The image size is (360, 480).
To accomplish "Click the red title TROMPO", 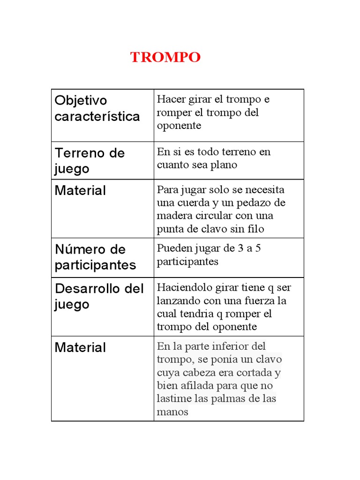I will point(165,58).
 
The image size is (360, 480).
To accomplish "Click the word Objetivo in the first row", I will point(81,100).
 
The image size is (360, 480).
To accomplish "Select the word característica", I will point(97,116).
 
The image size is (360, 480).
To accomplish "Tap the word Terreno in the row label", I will point(77,153).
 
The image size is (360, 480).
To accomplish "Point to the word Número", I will point(77,249).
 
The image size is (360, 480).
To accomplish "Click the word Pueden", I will point(172,248).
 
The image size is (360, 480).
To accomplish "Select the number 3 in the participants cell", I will point(240,248).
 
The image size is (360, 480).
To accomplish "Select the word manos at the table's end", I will point(172,412).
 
